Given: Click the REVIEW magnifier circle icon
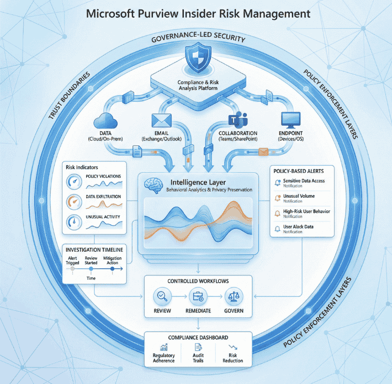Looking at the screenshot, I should click(x=161, y=297).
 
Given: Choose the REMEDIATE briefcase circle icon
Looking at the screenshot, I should click(x=197, y=297).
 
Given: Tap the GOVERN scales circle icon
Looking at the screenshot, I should click(x=232, y=297).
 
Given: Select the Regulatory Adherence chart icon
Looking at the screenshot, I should click(x=163, y=347).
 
